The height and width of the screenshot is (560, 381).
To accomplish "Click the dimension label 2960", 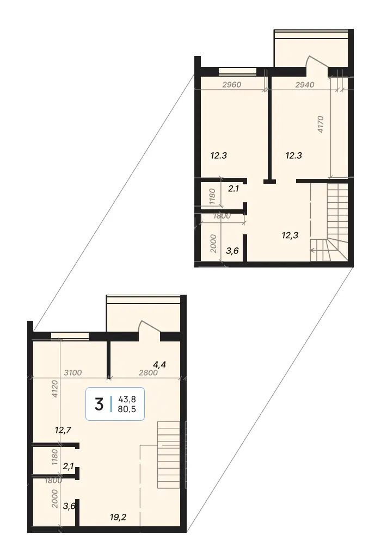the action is click(232, 85).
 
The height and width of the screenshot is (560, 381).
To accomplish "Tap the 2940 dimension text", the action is click(305, 85).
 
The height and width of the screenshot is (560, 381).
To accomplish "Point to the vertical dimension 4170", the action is click(320, 125).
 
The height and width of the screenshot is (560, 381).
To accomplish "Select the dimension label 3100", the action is click(72, 372).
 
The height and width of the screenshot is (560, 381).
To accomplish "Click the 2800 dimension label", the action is click(149, 372).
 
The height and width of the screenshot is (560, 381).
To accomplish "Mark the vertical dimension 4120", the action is click(54, 389).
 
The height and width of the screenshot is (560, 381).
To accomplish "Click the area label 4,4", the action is click(159, 365).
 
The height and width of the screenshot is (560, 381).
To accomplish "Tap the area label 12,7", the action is click(63, 430).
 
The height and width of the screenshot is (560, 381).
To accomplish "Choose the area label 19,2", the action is click(118, 517).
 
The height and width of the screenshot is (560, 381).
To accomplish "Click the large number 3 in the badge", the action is click(99, 404).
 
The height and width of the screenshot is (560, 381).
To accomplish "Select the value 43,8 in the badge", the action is click(127, 399).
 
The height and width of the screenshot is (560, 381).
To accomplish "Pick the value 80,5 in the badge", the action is click(127, 409).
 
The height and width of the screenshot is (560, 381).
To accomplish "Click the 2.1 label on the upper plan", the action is click(233, 189).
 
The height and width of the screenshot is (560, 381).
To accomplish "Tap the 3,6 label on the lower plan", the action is click(69, 506).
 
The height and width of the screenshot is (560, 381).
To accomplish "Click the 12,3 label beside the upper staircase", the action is click(290, 235).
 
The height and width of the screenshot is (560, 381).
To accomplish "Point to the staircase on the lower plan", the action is click(169, 455).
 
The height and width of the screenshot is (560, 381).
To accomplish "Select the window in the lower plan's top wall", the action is click(70, 335).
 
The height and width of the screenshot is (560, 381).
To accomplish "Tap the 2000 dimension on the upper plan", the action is click(213, 244).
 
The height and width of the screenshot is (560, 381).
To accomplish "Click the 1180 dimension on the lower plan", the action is click(54, 457).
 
